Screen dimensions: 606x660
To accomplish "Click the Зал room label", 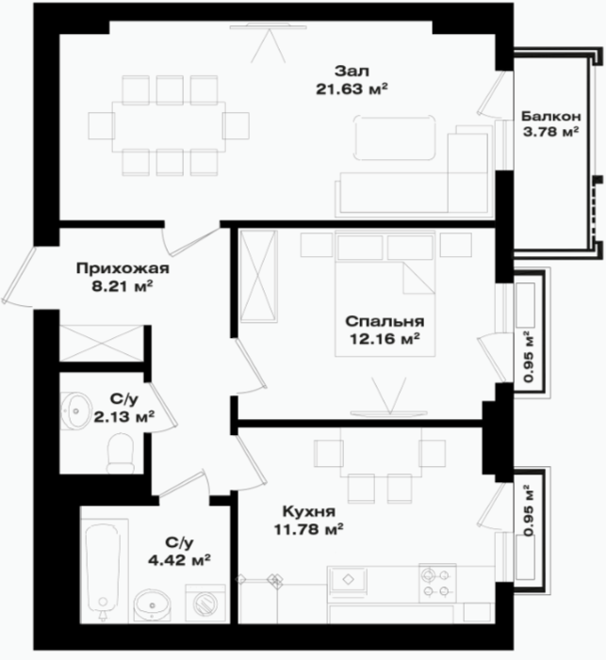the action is (352, 71).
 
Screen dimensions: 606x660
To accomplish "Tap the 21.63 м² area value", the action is (352, 89).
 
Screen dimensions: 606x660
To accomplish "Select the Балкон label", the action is (550, 116).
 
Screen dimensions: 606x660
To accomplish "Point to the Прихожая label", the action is (123, 268).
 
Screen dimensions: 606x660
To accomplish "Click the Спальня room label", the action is (385, 322).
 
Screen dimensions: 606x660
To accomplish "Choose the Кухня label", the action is (309, 511).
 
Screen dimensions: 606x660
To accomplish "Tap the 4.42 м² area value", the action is (179, 560).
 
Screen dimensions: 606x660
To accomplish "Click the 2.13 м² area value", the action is (123, 417).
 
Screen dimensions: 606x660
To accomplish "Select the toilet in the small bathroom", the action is (121, 454).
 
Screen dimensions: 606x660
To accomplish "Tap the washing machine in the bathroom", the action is (205, 603).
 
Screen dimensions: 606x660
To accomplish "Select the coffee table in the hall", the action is (395, 137).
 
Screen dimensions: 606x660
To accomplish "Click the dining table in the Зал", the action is (169, 126).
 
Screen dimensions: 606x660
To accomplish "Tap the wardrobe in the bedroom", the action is (259, 277).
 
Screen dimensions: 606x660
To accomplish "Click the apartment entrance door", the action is (19, 276).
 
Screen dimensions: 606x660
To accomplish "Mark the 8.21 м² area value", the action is (123, 287).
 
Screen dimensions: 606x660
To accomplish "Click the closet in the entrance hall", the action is (101, 343).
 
